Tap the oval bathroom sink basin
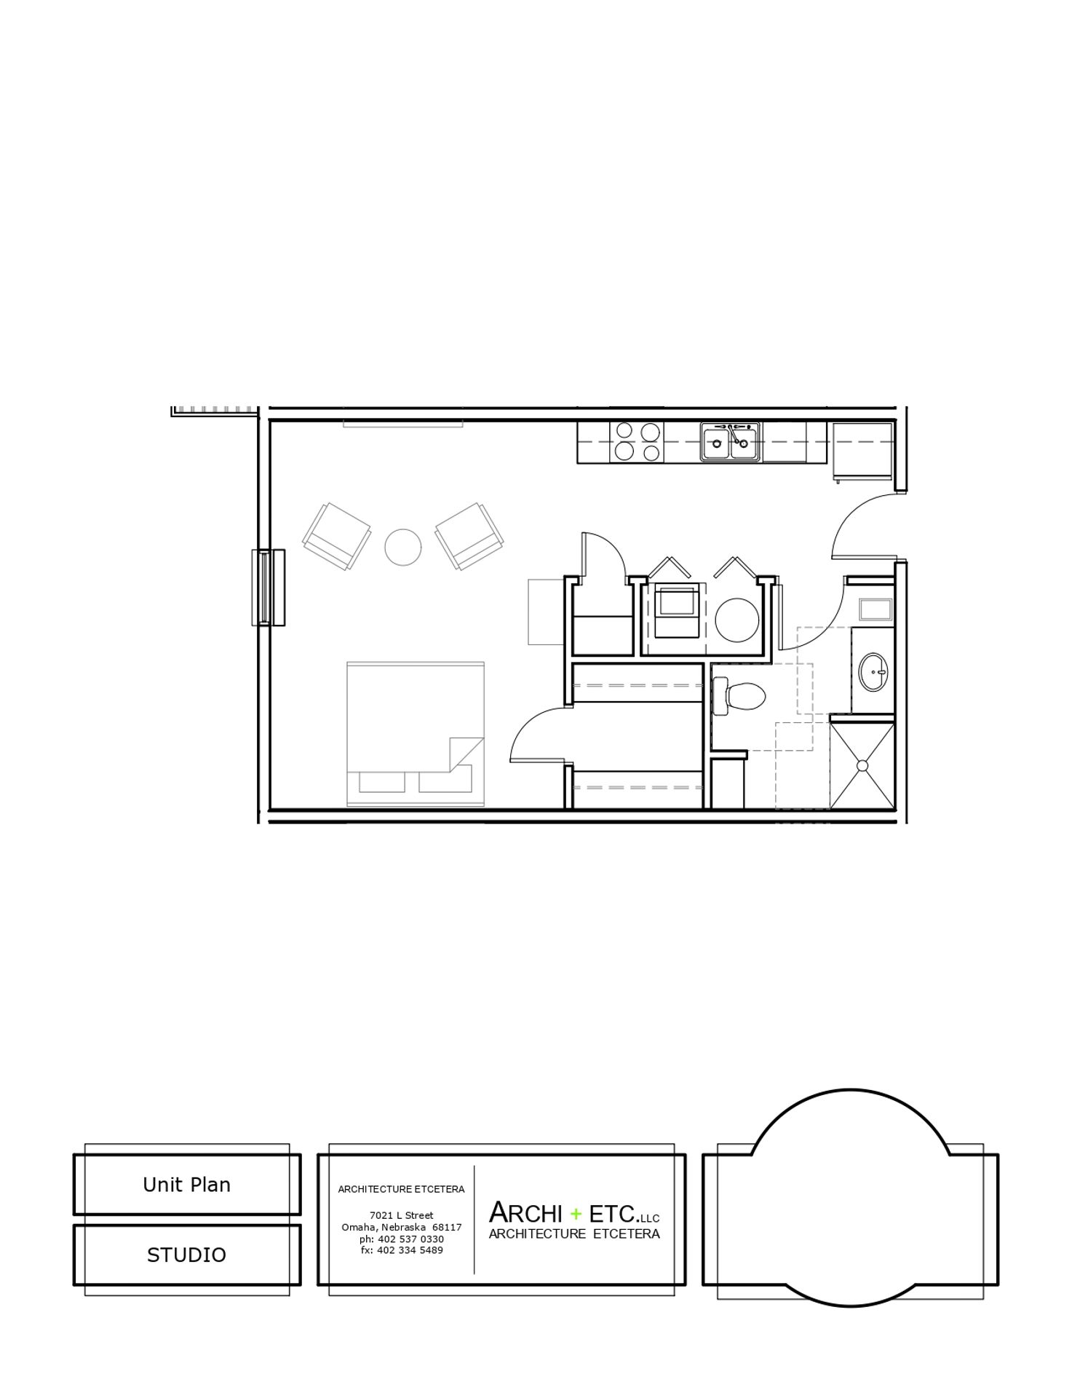point(873,671)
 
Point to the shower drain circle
point(862,765)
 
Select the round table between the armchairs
point(402,546)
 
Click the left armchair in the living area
point(337,536)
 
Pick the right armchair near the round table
point(469,536)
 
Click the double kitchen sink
point(731,442)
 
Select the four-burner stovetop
point(638,442)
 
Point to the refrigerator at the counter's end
point(862,451)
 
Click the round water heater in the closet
point(737,620)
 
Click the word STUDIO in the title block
point(187,1255)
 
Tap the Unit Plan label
point(187,1185)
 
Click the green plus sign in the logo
point(576,1214)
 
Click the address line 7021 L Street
point(401,1215)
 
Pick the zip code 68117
point(446,1227)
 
